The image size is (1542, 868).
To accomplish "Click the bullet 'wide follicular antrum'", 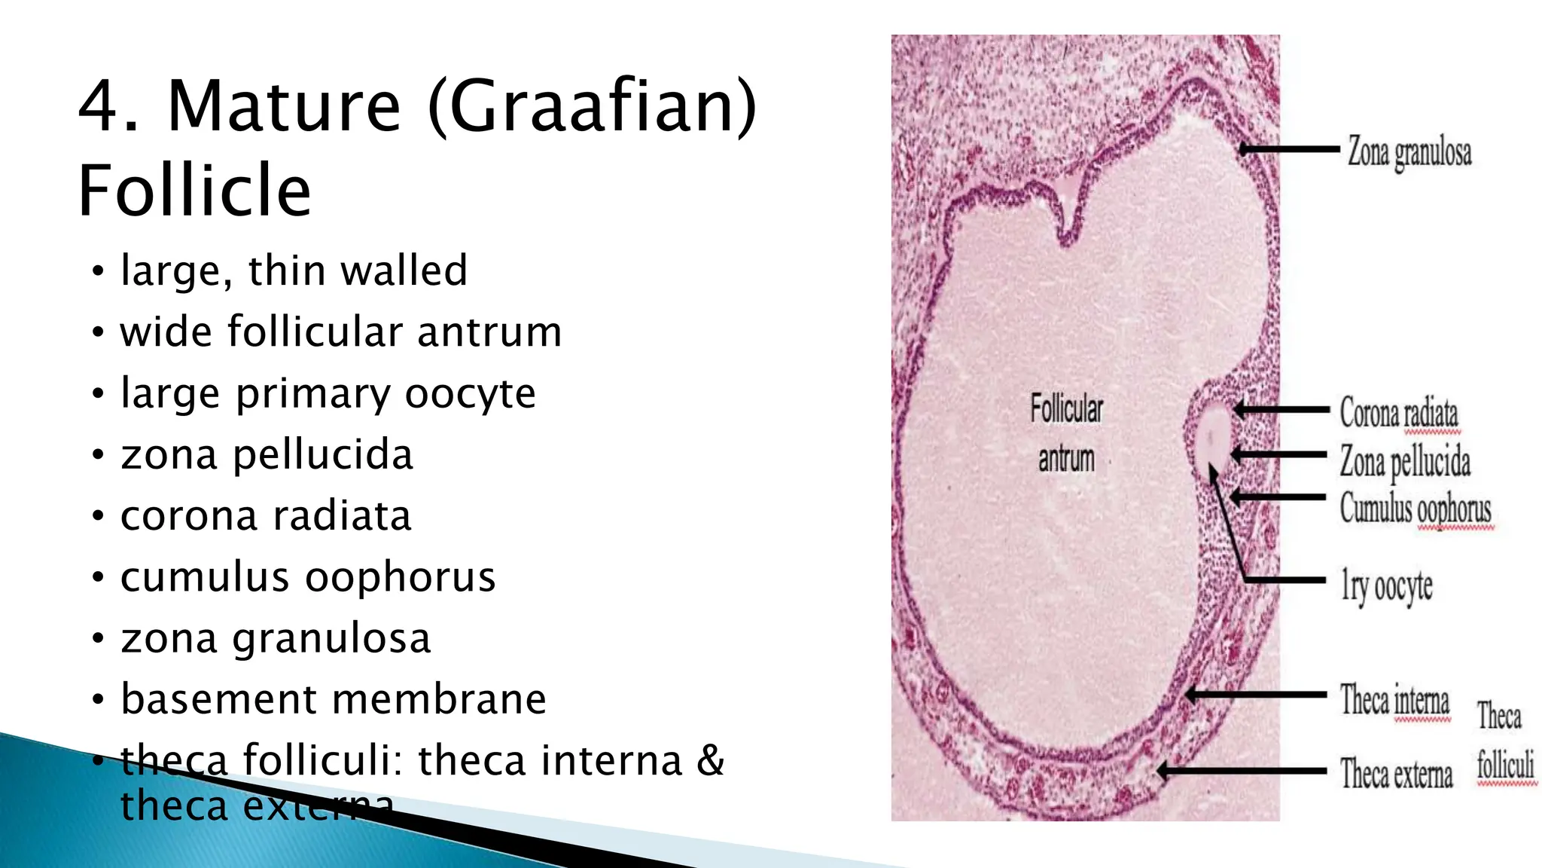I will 340,332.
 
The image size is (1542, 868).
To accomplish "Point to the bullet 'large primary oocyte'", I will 328,393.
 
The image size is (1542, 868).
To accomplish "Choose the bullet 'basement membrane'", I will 333,698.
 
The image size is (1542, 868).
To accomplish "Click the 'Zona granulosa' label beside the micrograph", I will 1409,152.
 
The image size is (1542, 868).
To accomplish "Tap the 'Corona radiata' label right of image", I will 1398,413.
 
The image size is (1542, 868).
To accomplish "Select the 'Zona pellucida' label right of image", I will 1404,461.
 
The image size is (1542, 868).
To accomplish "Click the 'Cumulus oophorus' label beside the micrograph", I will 1415,508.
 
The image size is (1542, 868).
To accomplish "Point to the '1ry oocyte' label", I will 1386,586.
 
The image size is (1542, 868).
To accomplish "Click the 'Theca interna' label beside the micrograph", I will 1394,700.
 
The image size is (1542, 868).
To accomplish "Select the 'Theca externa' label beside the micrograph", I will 1396,774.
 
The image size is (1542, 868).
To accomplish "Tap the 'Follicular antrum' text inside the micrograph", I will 1066,433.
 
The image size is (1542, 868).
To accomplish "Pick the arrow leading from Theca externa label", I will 1242,771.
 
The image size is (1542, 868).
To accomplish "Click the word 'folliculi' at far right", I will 1504,766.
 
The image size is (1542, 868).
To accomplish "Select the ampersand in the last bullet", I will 710,759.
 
